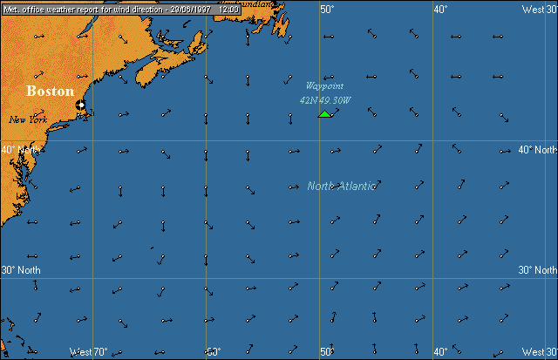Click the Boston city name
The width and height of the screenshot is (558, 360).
[50, 91]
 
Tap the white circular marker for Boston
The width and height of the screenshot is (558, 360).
[80, 105]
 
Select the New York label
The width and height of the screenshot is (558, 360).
[27, 119]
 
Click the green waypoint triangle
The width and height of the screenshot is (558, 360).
[324, 113]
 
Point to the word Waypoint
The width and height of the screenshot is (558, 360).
[323, 85]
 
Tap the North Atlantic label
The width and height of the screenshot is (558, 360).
[342, 186]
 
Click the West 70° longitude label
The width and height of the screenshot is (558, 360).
[88, 352]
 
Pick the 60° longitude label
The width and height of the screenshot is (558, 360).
[213, 352]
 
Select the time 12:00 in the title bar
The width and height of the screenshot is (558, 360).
[229, 8]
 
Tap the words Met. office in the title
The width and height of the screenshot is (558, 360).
[21, 8]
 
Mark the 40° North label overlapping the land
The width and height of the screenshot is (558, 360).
[20, 149]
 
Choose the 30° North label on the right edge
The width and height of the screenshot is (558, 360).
[537, 270]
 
